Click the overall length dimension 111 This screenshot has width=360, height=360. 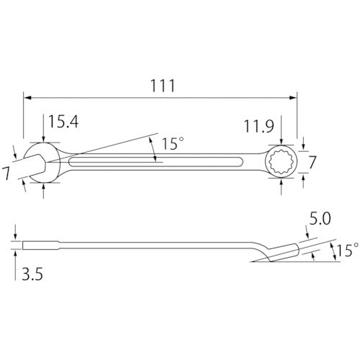(x=164, y=84)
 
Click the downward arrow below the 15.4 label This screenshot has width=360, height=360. (x=44, y=139)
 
